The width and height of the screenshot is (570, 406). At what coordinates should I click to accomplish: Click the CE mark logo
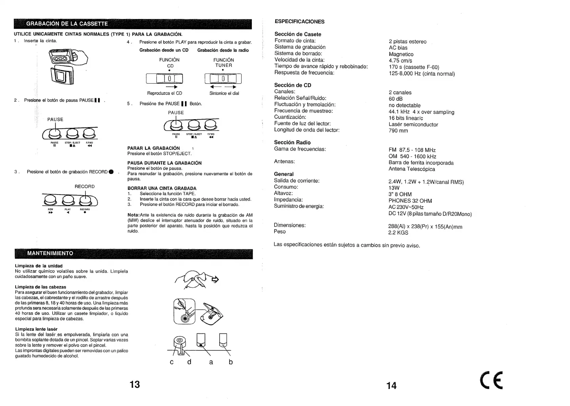tap(491, 381)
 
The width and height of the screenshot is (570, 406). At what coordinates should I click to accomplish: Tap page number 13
tap(135, 384)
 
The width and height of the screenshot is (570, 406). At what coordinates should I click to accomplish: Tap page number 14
tap(391, 386)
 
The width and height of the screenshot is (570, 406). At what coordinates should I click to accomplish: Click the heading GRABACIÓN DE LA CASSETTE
tap(67, 24)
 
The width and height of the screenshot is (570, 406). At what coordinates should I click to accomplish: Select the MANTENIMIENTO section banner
tap(50, 253)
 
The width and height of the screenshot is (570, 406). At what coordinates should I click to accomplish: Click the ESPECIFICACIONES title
tap(299, 22)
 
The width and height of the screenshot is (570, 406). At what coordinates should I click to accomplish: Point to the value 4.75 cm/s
tap(400, 61)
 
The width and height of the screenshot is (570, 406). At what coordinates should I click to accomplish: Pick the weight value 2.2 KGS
tap(398, 233)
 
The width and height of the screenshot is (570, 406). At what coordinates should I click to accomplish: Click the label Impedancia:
tap(288, 200)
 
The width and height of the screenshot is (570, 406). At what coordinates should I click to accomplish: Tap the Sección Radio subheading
tap(292, 142)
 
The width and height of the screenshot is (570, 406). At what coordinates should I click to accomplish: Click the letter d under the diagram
tap(189, 362)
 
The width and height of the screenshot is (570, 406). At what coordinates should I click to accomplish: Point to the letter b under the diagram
tap(231, 362)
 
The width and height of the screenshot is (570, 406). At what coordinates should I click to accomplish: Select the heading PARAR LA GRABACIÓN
tap(154, 148)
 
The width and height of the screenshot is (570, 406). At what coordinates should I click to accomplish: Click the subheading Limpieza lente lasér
tap(36, 329)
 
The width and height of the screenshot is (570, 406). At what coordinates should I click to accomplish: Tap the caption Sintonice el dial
tap(224, 94)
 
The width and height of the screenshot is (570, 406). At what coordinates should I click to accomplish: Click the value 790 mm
tap(398, 131)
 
